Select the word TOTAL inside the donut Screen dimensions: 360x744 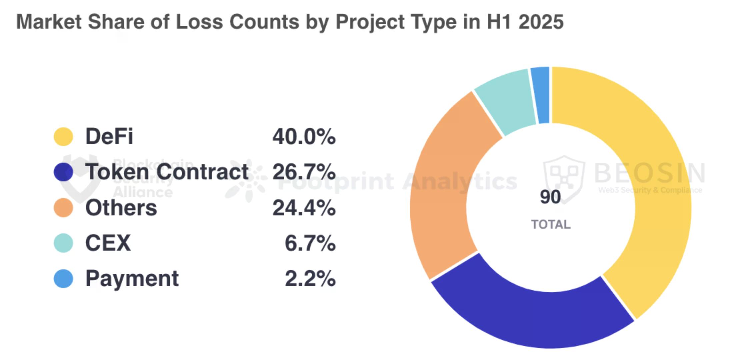tap(551, 224)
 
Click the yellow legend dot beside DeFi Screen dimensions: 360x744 tap(63, 137)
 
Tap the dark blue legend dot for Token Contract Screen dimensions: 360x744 tap(63, 172)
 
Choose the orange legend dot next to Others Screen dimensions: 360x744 tap(63, 208)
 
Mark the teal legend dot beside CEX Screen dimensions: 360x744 tap(63, 243)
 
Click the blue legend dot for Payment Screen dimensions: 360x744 tap(63, 279)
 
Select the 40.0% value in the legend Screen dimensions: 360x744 tap(304, 137)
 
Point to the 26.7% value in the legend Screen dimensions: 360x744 tap(304, 172)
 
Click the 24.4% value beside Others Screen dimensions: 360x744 tap(304, 208)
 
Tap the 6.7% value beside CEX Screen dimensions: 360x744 tap(310, 243)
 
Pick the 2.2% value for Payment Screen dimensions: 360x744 tap(310, 279)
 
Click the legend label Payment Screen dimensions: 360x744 tap(132, 279)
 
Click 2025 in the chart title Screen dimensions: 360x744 tap(541, 22)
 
